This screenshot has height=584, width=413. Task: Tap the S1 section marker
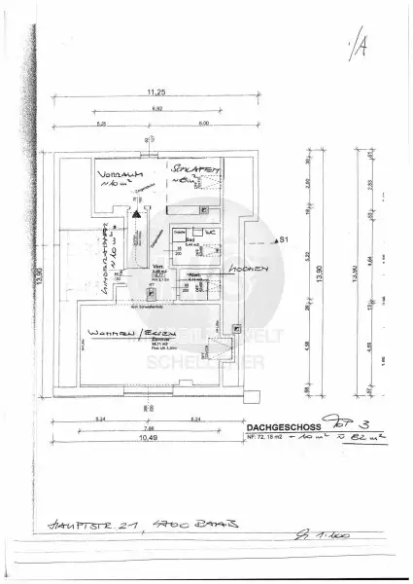(283, 238)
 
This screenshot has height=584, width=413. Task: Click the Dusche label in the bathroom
(178, 232)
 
